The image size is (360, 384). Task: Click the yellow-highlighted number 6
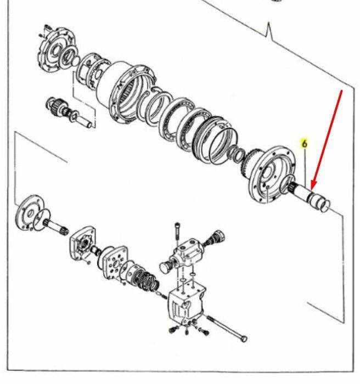pyautogui.click(x=304, y=144)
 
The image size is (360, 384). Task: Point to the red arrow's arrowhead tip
pyautogui.click(x=312, y=190)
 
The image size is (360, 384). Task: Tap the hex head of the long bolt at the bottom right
pyautogui.click(x=244, y=339)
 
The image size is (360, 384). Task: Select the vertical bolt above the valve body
pyautogui.click(x=177, y=234)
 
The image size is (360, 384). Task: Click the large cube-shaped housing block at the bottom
pyautogui.click(x=186, y=304)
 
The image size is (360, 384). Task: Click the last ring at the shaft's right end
pyautogui.click(x=325, y=206)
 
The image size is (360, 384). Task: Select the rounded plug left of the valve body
pyautogui.click(x=165, y=266)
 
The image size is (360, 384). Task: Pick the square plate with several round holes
pyautogui.click(x=115, y=263)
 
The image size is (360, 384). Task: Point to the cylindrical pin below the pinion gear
pyautogui.click(x=83, y=121)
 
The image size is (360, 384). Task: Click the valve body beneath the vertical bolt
pyautogui.click(x=188, y=252)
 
